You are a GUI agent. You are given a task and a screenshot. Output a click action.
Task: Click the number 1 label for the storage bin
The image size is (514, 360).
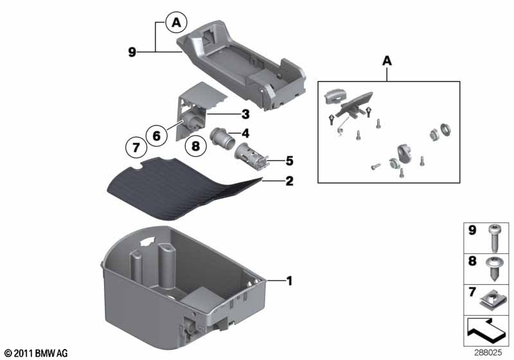click(x=289, y=281)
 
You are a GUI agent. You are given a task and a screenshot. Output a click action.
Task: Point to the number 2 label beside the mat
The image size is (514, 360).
click(x=289, y=181)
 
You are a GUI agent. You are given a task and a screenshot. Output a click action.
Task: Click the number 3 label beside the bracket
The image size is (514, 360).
click(x=244, y=115)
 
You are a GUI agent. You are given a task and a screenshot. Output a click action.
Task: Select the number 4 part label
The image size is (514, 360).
click(x=245, y=134)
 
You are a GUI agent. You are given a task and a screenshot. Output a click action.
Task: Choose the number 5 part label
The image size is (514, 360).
click(x=289, y=160)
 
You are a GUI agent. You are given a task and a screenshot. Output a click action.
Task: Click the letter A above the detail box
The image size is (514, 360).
click(x=387, y=61)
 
